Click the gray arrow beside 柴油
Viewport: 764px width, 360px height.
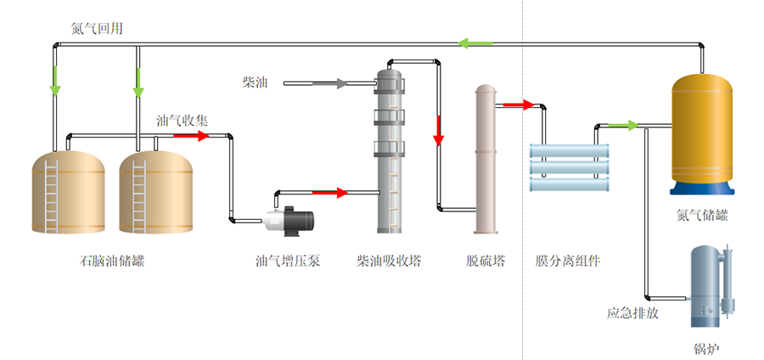click(x=340, y=83)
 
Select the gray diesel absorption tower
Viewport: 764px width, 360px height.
click(x=389, y=153)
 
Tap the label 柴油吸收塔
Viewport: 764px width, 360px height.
click(x=389, y=262)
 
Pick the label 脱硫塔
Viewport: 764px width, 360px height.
click(x=486, y=262)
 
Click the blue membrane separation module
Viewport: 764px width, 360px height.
click(x=570, y=166)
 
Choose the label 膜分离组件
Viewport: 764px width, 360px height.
click(x=568, y=262)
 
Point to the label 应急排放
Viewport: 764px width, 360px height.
click(x=632, y=312)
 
